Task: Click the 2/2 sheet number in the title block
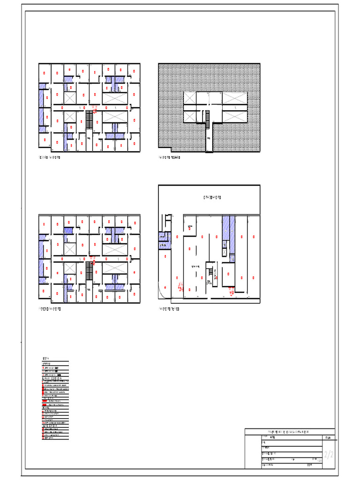coord(330,455)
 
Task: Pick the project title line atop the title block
coord(288,432)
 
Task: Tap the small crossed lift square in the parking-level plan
coord(225,252)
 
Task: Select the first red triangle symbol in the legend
coord(44,368)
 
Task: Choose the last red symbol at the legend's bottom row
coord(44,438)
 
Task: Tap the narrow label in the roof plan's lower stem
coord(209,139)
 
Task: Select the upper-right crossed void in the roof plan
coord(234,98)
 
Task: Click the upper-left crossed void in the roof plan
coord(190,98)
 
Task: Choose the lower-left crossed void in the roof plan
coord(190,116)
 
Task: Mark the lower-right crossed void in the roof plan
coord(234,116)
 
